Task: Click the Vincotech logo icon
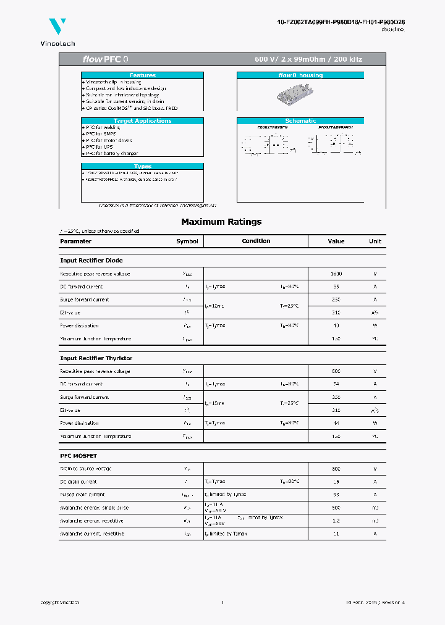click(57, 27)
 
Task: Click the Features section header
click(142, 75)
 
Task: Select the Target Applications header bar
click(142, 121)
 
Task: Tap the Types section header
click(142, 166)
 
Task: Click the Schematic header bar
click(300, 121)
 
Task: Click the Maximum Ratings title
click(221, 222)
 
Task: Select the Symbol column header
click(187, 241)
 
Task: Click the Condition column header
click(256, 241)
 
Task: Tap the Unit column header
click(375, 241)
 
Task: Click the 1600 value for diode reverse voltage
click(336, 274)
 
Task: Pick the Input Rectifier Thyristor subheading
click(96, 358)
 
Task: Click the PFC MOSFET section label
click(78, 456)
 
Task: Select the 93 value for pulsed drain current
click(336, 495)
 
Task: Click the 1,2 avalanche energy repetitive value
click(336, 521)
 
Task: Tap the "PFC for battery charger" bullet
click(112, 153)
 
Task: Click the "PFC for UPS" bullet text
click(99, 147)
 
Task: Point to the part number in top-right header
click(341, 22)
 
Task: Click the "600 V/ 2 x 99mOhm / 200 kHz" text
click(308, 60)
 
